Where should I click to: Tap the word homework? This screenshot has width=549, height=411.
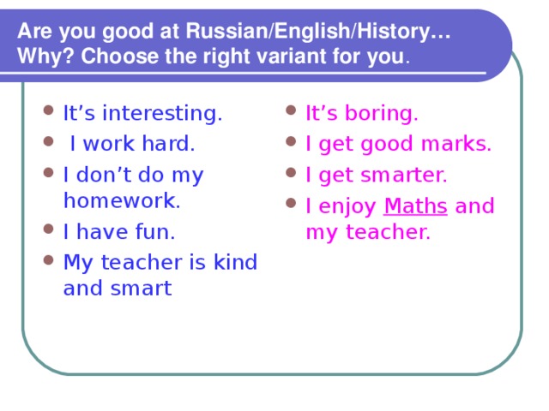pos(122,200)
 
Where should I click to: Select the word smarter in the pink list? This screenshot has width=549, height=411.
pos(405,176)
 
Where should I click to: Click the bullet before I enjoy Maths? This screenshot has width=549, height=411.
pos(291,205)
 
